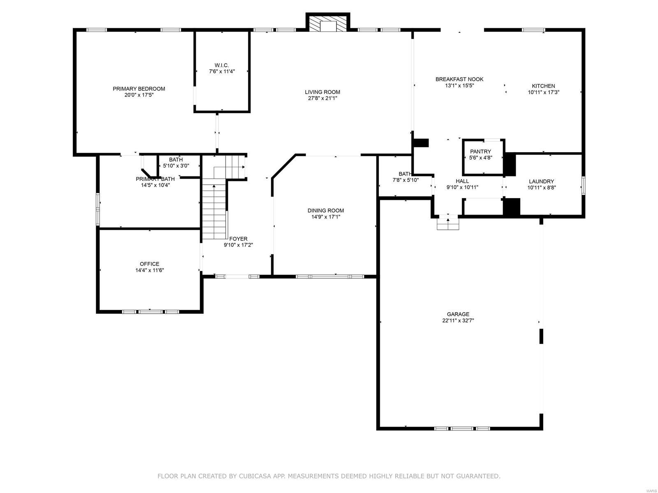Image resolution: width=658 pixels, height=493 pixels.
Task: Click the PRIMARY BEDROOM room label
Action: [139, 89]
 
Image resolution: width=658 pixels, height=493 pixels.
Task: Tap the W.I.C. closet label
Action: [222, 65]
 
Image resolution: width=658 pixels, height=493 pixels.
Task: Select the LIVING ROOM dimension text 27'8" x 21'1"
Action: [322, 98]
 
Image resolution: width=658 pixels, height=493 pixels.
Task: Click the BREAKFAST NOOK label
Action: [459, 79]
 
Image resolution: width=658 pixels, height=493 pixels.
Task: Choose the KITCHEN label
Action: [543, 86]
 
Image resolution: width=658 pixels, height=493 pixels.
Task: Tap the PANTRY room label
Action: [480, 152]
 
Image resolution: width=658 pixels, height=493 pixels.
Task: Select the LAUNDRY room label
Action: [541, 181]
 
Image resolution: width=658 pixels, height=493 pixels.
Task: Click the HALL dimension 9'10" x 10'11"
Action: [462, 187]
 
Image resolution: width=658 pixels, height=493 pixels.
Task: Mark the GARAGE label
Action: [458, 314]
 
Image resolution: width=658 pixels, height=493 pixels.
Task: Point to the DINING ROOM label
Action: [326, 211]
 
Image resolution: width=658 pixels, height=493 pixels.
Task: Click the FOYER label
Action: [238, 239]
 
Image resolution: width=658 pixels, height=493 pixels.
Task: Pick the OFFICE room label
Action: [149, 264]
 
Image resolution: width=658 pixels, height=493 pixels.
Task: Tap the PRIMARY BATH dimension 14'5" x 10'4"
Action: [155, 185]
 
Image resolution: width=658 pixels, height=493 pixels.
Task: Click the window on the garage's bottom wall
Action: [462, 428]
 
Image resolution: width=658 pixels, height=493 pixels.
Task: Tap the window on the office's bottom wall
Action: [151, 312]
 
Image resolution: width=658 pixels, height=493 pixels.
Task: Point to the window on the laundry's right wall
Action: [583, 185]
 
